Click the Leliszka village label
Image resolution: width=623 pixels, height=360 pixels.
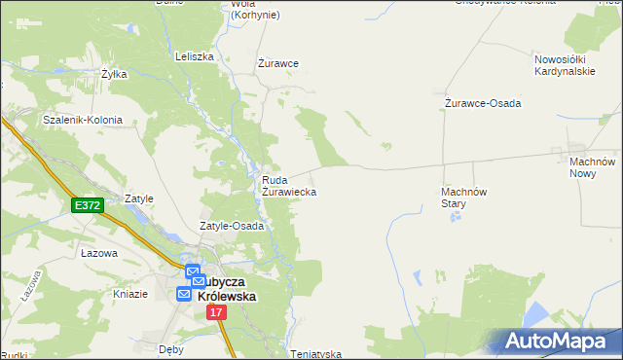tap(194, 56)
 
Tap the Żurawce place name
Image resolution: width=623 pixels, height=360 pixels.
tap(277, 63)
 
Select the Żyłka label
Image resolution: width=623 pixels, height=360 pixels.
tap(115, 73)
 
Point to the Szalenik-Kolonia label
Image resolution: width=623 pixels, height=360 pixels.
tap(82, 120)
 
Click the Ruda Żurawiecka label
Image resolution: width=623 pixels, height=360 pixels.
tap(288, 186)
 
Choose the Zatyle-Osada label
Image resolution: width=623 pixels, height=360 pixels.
tap(232, 226)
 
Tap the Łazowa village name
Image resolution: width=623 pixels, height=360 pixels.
tap(99, 253)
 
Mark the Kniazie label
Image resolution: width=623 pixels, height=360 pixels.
tap(129, 294)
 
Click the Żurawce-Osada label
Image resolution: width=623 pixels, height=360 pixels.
tap(483, 103)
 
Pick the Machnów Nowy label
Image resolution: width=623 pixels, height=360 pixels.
tap(595, 166)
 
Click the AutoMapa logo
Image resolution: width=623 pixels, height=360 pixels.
tap(562, 342)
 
